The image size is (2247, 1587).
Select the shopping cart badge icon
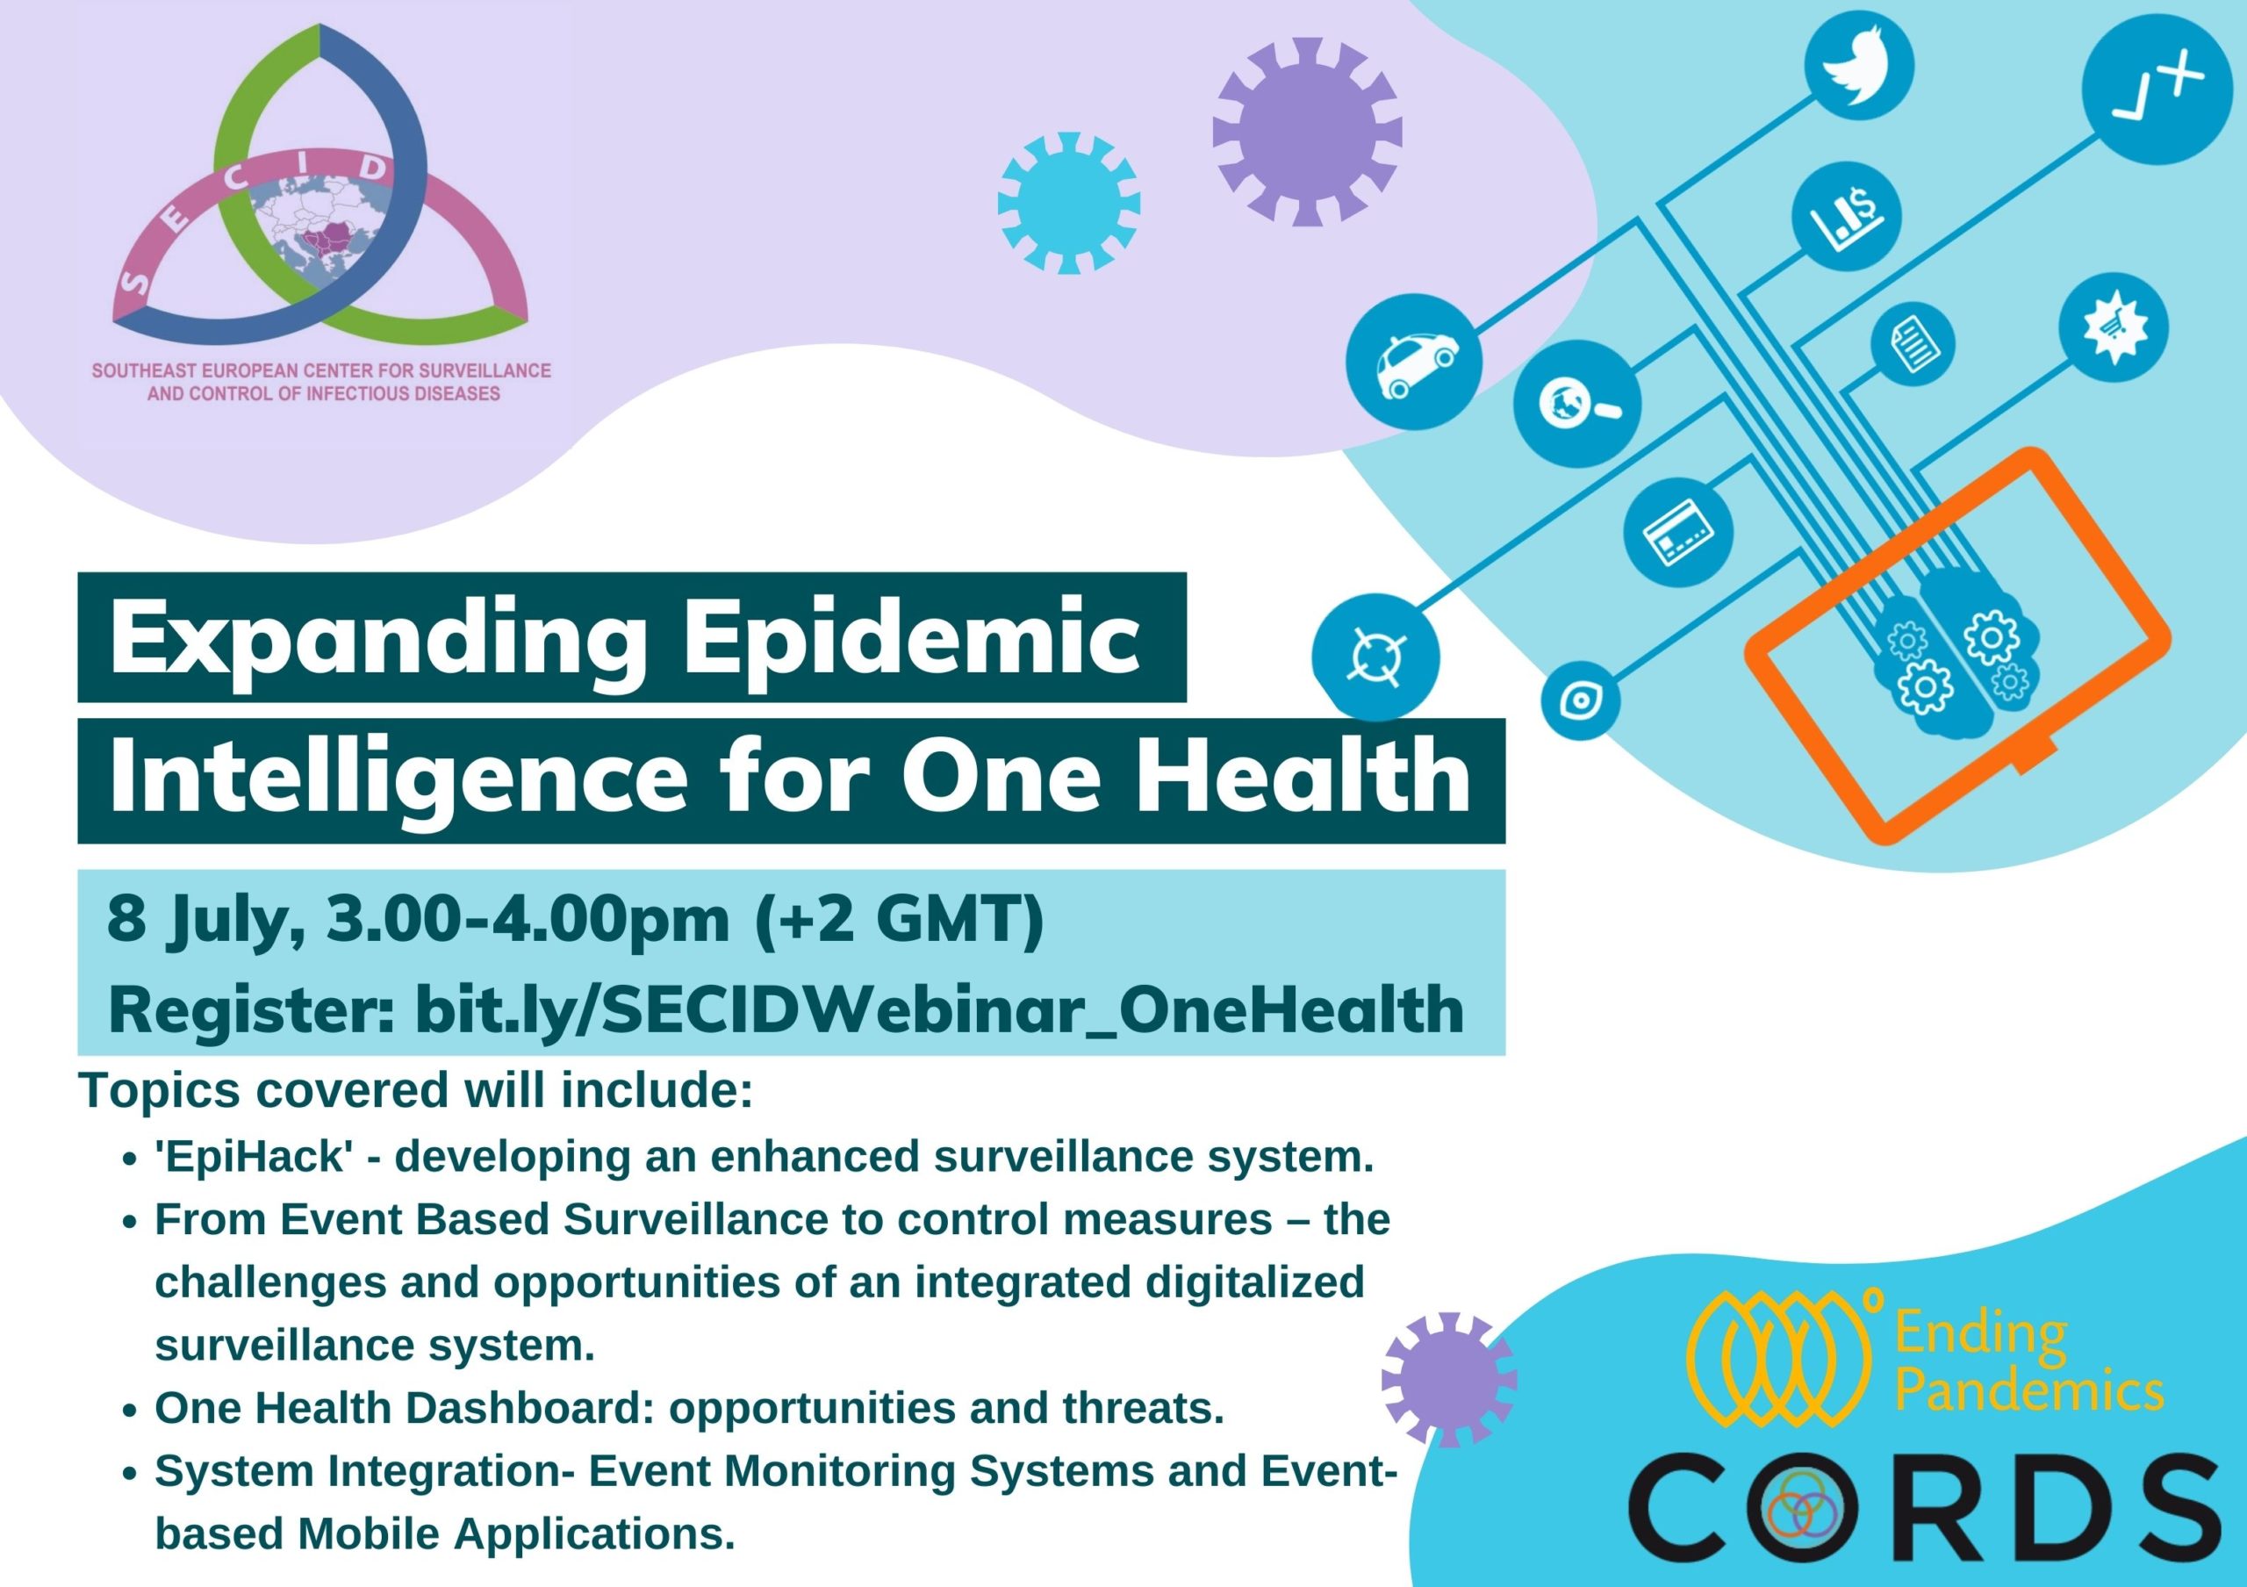click(x=2114, y=327)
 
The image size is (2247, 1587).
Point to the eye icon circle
click(x=1581, y=700)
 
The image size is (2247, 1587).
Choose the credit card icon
click(x=1677, y=533)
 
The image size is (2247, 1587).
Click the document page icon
click(x=1913, y=345)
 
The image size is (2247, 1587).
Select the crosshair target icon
click(x=1376, y=656)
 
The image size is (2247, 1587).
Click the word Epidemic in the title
click(x=911, y=640)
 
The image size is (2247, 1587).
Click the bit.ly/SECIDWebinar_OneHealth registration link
click(x=939, y=1009)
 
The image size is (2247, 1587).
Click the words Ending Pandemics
click(x=2028, y=1363)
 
